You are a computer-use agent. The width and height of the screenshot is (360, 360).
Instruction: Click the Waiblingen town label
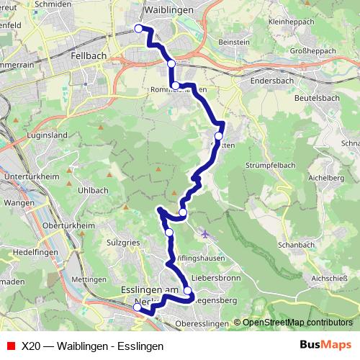(x=170, y=12)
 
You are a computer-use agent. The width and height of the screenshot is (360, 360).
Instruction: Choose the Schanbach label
(x=297, y=246)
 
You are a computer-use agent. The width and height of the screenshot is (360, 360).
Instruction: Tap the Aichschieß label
(x=330, y=275)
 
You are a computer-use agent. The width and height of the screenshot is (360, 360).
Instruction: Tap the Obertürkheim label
(x=49, y=226)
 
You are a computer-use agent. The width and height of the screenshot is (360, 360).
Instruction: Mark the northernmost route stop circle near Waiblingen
(x=139, y=29)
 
